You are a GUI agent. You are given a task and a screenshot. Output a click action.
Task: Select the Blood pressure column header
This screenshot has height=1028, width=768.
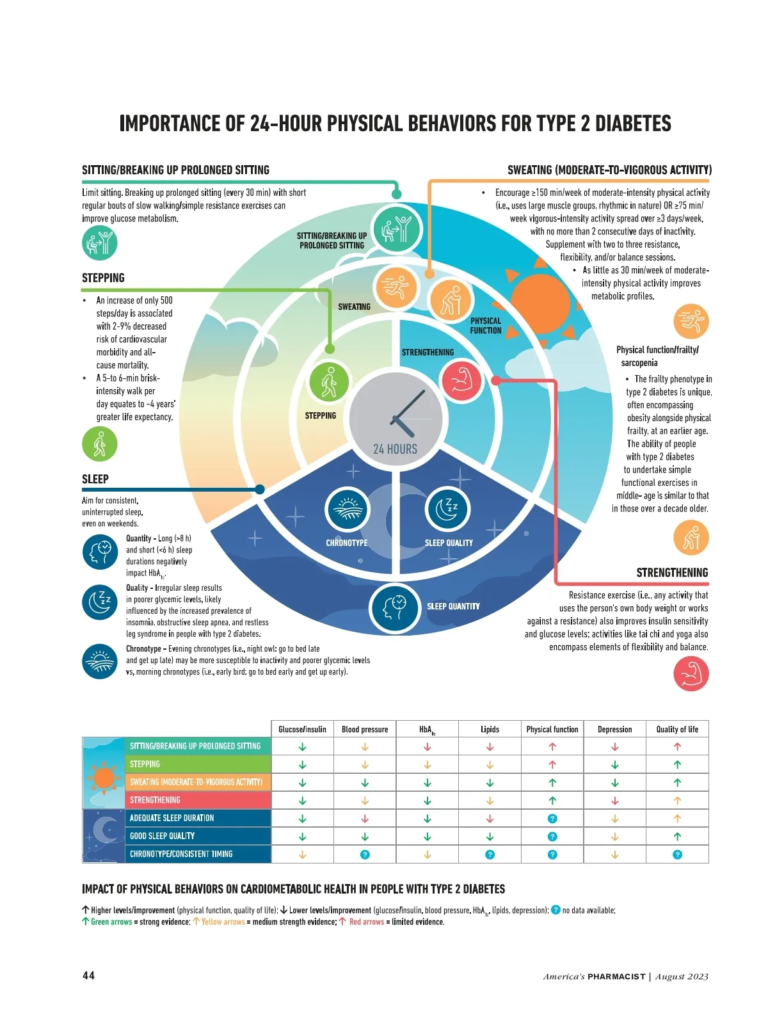(x=365, y=729)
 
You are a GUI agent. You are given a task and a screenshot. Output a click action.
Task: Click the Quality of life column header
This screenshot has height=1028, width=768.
(x=676, y=729)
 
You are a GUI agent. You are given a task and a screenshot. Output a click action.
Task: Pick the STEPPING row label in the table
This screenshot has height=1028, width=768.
(x=145, y=764)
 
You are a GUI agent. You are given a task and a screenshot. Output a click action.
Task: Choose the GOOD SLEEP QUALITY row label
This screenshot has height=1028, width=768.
(x=162, y=836)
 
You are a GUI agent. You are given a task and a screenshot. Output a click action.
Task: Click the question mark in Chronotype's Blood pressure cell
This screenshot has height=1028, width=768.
(x=365, y=855)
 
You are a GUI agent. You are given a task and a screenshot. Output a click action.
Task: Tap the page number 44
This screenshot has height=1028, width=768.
(x=88, y=976)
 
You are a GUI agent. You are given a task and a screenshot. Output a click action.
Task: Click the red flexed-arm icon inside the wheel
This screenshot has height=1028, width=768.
(x=461, y=380)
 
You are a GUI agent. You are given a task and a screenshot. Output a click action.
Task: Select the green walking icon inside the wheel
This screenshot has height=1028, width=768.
(x=329, y=381)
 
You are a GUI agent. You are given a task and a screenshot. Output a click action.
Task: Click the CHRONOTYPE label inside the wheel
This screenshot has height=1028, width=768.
(x=346, y=543)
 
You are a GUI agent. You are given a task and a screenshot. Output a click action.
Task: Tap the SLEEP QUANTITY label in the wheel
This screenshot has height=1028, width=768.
(x=453, y=606)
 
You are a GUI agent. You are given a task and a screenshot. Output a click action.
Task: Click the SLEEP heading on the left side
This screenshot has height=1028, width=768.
(x=95, y=479)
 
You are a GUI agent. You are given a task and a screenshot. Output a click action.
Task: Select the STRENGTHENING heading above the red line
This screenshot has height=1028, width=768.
(x=672, y=572)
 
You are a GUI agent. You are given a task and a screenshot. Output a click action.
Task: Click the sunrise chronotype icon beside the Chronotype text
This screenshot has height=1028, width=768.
(x=100, y=661)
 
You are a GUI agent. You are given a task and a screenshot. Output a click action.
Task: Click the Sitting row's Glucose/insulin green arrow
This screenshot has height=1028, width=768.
(x=302, y=746)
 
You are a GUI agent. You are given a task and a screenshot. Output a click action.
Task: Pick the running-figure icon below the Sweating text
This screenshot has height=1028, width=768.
(x=691, y=321)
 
